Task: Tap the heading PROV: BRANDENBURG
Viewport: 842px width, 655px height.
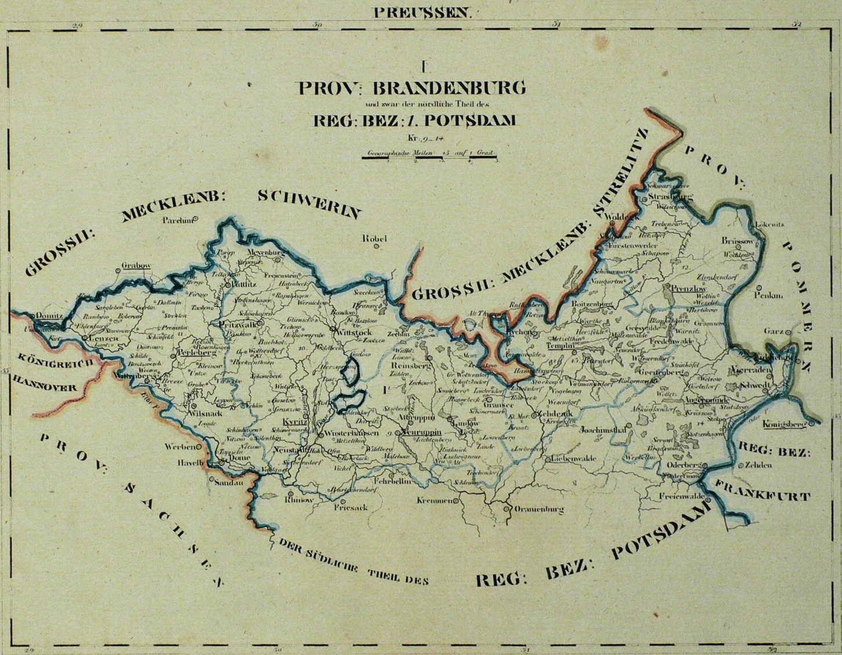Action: click(x=412, y=88)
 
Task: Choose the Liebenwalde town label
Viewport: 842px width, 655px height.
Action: click(x=572, y=459)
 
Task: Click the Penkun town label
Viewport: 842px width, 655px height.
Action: click(x=768, y=296)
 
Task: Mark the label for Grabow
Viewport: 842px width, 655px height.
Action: click(x=136, y=266)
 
